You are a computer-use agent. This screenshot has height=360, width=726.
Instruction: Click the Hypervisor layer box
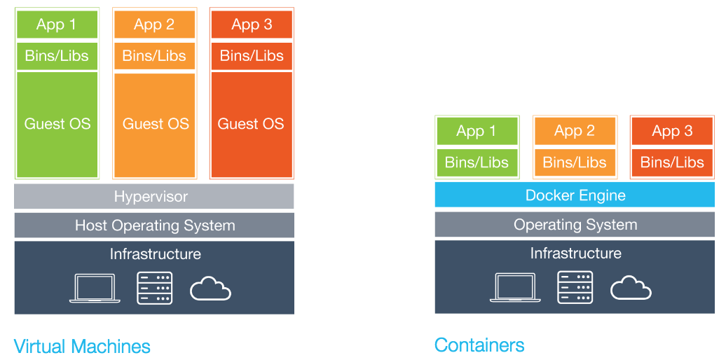154,197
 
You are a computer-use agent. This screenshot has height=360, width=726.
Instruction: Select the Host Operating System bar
154,226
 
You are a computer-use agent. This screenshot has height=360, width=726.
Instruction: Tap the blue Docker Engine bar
575,195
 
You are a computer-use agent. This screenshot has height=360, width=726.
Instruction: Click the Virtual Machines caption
82,346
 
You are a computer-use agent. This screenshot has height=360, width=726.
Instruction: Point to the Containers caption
479,345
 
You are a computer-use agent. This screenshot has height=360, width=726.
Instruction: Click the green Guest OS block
57,124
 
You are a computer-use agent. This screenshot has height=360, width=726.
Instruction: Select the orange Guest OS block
154,124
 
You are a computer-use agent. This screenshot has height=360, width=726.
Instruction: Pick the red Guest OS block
252,124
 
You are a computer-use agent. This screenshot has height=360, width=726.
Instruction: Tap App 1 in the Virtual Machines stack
57,25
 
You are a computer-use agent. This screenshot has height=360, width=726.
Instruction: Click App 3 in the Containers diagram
672,131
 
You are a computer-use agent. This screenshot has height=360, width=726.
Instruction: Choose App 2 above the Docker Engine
575,131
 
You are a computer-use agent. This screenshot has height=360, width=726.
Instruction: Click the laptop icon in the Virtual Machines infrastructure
95,288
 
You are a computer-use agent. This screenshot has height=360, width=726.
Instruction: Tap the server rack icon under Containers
575,287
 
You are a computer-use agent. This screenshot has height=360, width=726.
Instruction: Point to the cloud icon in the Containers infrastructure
631,288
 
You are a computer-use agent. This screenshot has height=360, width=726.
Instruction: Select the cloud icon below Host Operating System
210,288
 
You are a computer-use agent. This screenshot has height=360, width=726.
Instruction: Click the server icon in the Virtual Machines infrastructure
154,287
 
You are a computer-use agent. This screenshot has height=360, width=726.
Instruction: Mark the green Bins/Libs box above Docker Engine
477,162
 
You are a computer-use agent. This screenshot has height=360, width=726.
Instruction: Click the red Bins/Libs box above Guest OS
252,56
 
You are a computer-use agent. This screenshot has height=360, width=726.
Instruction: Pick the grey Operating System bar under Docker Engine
575,225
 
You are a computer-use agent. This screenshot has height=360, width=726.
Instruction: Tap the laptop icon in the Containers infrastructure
515,288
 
